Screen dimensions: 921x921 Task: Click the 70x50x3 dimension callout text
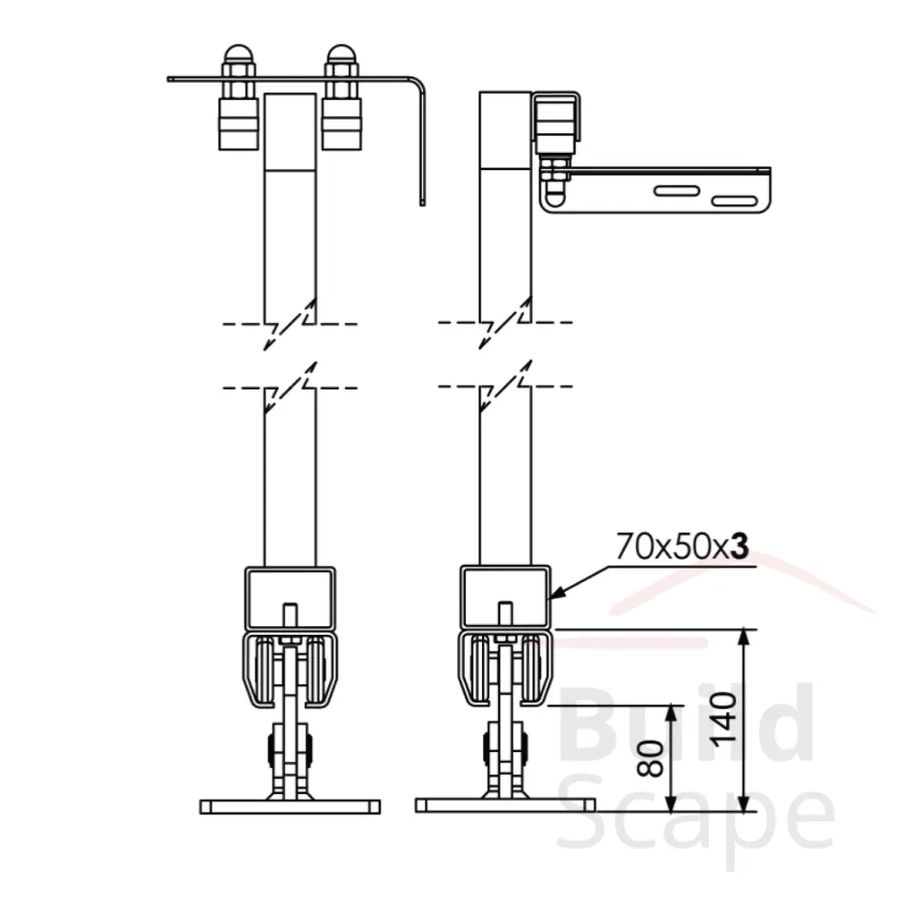[683, 546]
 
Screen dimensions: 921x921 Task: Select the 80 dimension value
[651, 758]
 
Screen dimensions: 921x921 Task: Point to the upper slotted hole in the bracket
[676, 191]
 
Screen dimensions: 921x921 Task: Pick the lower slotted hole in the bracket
[734, 201]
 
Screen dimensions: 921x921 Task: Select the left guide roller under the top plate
[238, 124]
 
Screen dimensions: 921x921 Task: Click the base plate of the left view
[291, 807]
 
